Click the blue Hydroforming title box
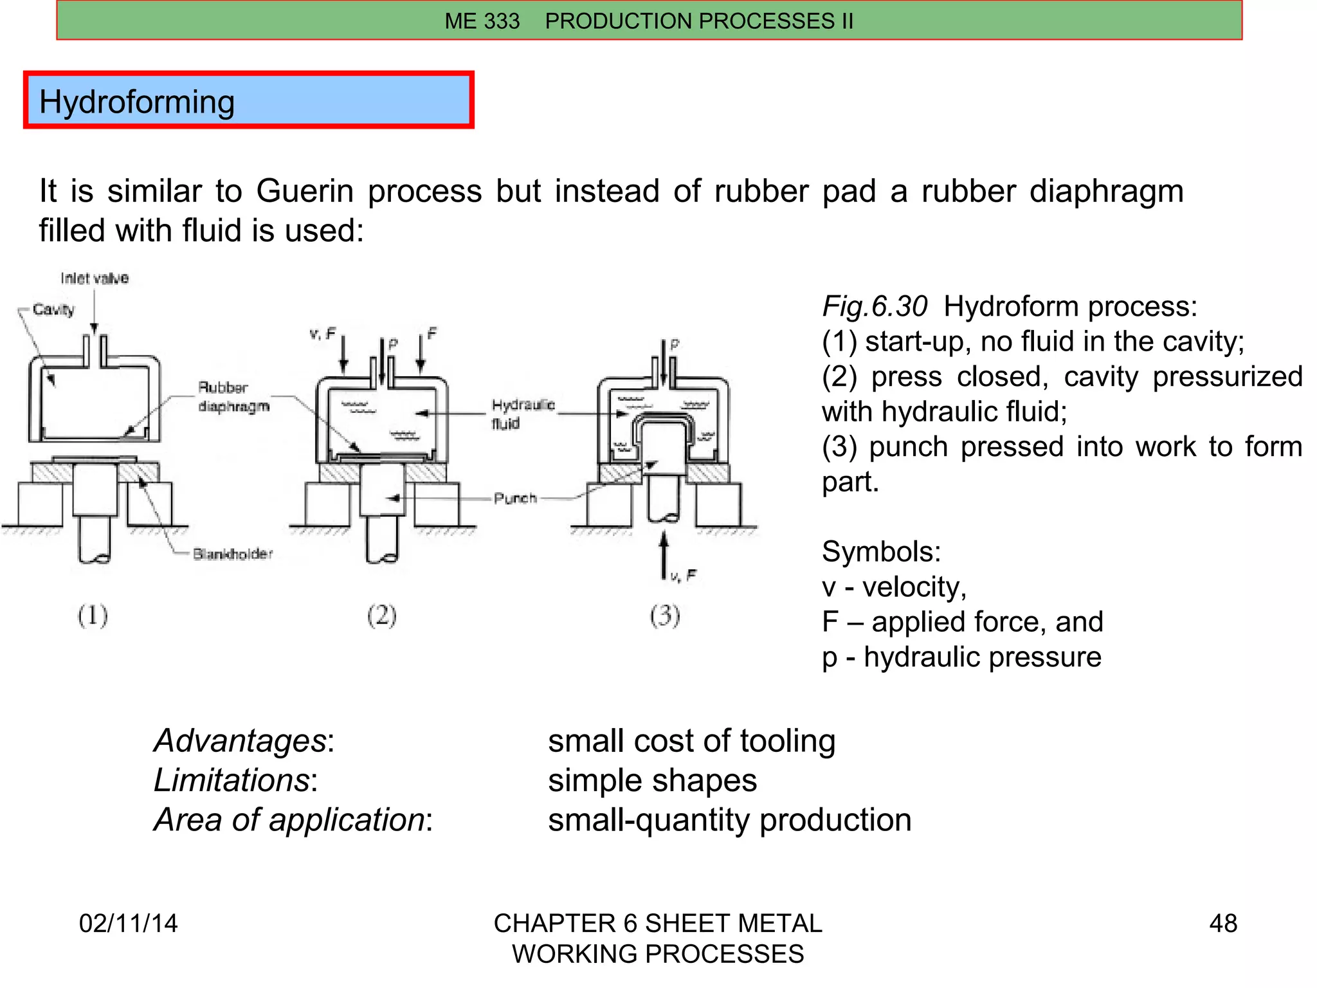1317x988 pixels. point(248,100)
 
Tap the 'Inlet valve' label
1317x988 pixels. point(95,278)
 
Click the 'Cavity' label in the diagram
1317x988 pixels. point(53,309)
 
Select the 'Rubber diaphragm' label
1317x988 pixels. point(233,397)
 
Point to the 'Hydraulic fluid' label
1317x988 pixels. point(522,414)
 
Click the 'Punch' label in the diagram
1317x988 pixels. point(515,498)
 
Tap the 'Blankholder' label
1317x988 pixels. point(233,554)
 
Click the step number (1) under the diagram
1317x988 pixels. point(93,616)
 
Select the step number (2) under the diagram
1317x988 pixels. point(381,616)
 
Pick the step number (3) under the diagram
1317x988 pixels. point(664,616)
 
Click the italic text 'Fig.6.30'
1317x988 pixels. point(875,306)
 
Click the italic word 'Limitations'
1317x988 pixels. point(232,780)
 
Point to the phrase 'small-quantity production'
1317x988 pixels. point(729,820)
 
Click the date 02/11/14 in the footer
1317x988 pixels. point(128,923)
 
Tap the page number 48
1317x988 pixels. point(1222,923)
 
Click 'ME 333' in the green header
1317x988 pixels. point(482,21)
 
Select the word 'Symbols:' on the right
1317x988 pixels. point(881,552)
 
